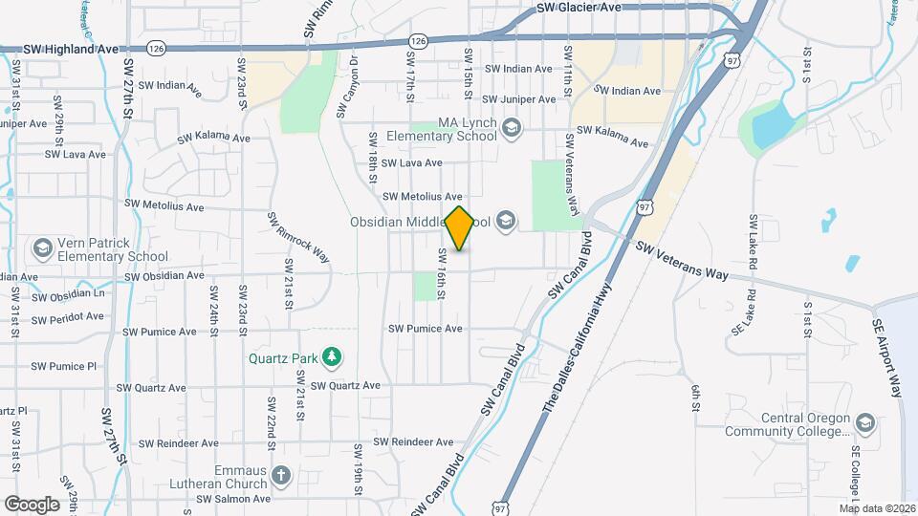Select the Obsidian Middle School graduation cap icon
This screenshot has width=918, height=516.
point(505,223)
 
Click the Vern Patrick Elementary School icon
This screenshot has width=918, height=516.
point(42,249)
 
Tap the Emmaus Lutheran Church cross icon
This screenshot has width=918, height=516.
point(280,475)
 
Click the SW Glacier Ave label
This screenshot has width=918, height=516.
point(579,7)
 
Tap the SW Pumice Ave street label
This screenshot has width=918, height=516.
point(425,329)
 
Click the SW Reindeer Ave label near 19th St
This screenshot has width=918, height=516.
point(413,442)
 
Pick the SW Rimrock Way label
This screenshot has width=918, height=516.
point(285,238)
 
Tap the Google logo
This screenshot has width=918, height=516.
point(32,504)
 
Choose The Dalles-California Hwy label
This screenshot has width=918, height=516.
point(577,354)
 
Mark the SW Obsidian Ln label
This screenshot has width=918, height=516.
point(68,296)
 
